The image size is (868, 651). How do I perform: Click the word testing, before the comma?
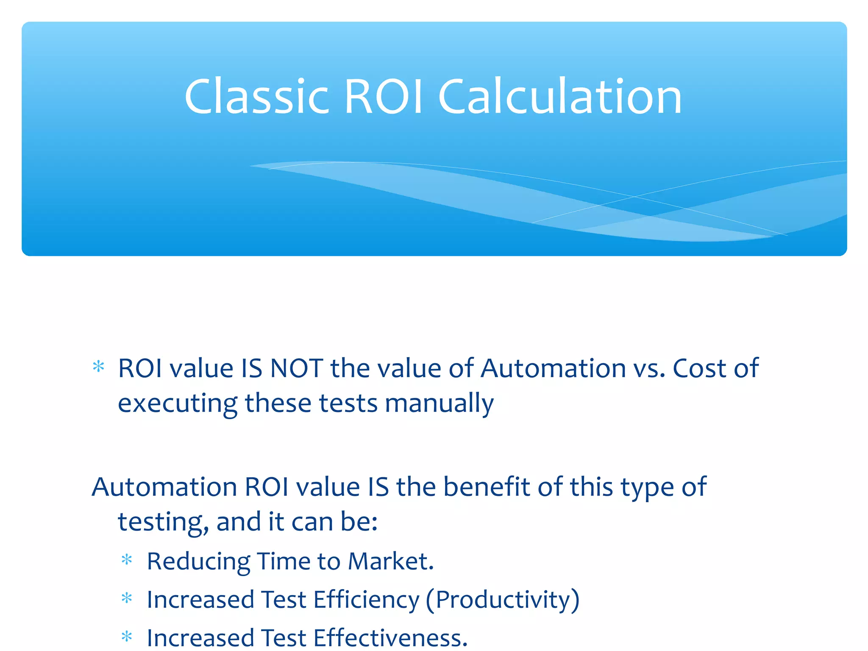pos(163,522)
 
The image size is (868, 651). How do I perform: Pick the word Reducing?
pos(198,562)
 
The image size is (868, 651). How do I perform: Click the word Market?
pos(390,562)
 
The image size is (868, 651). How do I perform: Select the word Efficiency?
pos(366,600)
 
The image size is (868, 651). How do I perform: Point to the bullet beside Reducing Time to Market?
pos(127,560)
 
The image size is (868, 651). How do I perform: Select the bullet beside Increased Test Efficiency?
pos(127,598)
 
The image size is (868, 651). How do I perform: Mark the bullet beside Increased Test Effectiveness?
pos(127,636)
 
